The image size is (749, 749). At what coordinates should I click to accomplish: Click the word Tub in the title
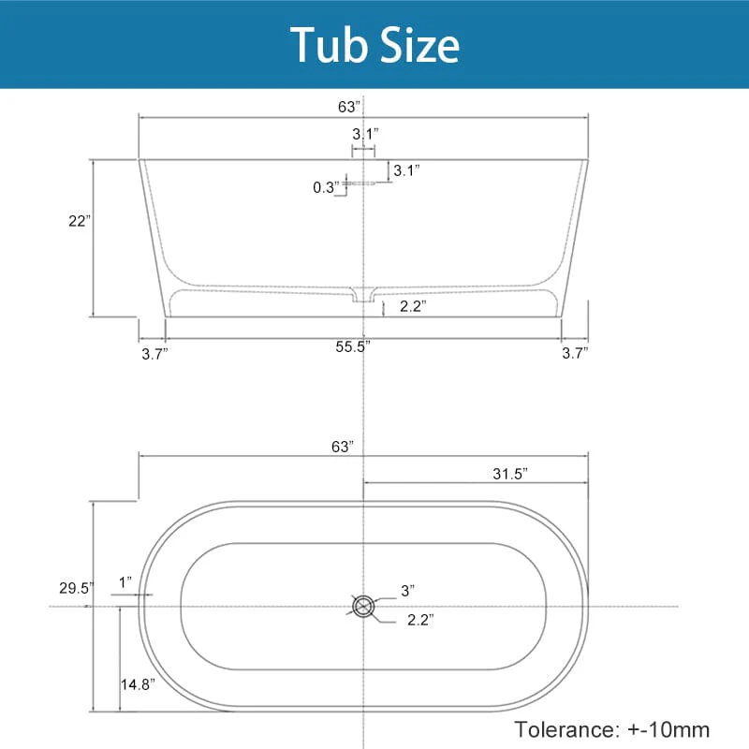click(329, 44)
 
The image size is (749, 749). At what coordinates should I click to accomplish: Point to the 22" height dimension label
click(79, 221)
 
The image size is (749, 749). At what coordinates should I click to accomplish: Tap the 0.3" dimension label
click(325, 187)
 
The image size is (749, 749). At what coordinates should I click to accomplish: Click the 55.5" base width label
click(353, 346)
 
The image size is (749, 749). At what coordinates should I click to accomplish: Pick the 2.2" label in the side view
click(413, 306)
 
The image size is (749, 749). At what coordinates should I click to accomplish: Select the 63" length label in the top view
click(343, 447)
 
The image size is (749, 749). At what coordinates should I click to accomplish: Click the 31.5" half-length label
click(510, 473)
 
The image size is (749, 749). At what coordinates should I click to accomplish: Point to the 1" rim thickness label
click(125, 582)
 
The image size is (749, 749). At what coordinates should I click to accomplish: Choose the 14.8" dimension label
click(137, 684)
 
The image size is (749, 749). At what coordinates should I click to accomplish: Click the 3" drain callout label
click(407, 590)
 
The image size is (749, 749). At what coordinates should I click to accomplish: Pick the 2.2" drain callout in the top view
click(419, 619)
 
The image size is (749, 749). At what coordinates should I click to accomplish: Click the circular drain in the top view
click(363, 606)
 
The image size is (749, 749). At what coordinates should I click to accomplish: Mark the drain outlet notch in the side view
click(362, 295)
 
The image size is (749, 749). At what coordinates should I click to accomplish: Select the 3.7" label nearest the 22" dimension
click(154, 353)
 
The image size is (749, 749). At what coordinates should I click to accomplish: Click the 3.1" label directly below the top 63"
click(364, 134)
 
